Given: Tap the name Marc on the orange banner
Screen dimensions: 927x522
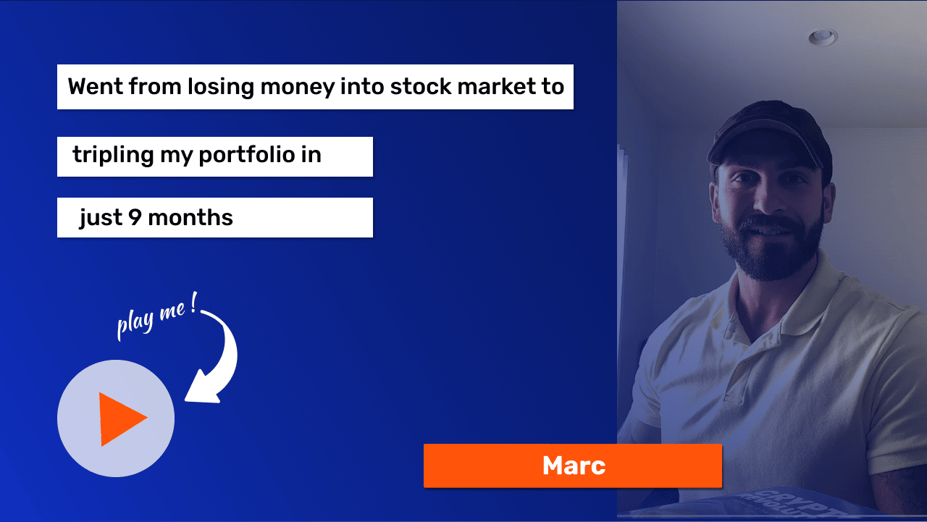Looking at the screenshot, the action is point(574,466).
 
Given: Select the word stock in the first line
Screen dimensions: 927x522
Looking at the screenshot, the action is point(421,86).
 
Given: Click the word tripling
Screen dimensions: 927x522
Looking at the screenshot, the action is point(113,156).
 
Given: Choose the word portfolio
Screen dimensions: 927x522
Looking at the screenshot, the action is point(247,155).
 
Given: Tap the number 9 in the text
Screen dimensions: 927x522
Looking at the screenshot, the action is point(135,217).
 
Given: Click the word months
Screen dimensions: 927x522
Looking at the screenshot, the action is point(190,217).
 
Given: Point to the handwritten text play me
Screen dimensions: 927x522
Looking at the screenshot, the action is point(156,317).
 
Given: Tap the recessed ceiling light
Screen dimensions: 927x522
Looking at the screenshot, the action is point(823,38).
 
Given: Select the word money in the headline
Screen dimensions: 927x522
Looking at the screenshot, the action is point(297,88).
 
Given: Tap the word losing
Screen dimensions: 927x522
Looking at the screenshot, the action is point(221,88).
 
